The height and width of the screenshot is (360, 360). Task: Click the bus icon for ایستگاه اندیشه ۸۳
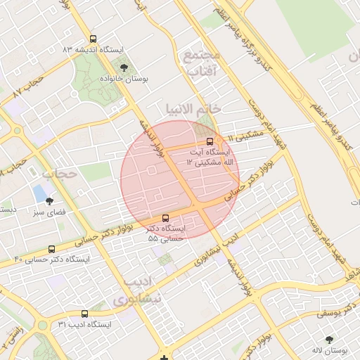pyautogui.click(x=94, y=39)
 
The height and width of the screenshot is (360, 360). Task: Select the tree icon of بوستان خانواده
pyautogui.click(x=124, y=67)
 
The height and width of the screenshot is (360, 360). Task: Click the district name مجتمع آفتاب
pyautogui.click(x=201, y=62)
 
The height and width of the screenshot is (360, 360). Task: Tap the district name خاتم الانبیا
pyautogui.click(x=193, y=108)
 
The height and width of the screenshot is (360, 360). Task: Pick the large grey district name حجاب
pyautogui.click(x=58, y=173)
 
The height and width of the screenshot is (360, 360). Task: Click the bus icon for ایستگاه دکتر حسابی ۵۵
pyautogui.click(x=165, y=218)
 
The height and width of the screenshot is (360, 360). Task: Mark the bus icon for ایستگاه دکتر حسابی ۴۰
pyautogui.click(x=51, y=249)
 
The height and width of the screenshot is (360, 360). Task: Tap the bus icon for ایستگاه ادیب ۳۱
pyautogui.click(x=84, y=314)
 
